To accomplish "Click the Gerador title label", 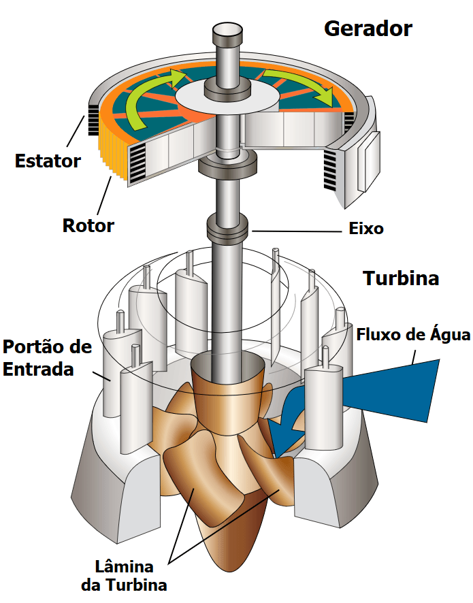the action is tap(368, 29).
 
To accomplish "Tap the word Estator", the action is tap(48, 161).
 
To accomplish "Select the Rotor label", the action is tap(88, 225).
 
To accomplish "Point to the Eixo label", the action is tap(366, 229).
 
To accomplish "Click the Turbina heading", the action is tap(401, 278).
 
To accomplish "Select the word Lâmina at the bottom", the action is tap(125, 567).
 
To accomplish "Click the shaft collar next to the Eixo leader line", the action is tap(228, 228).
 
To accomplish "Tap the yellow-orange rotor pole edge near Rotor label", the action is tap(112, 154).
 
